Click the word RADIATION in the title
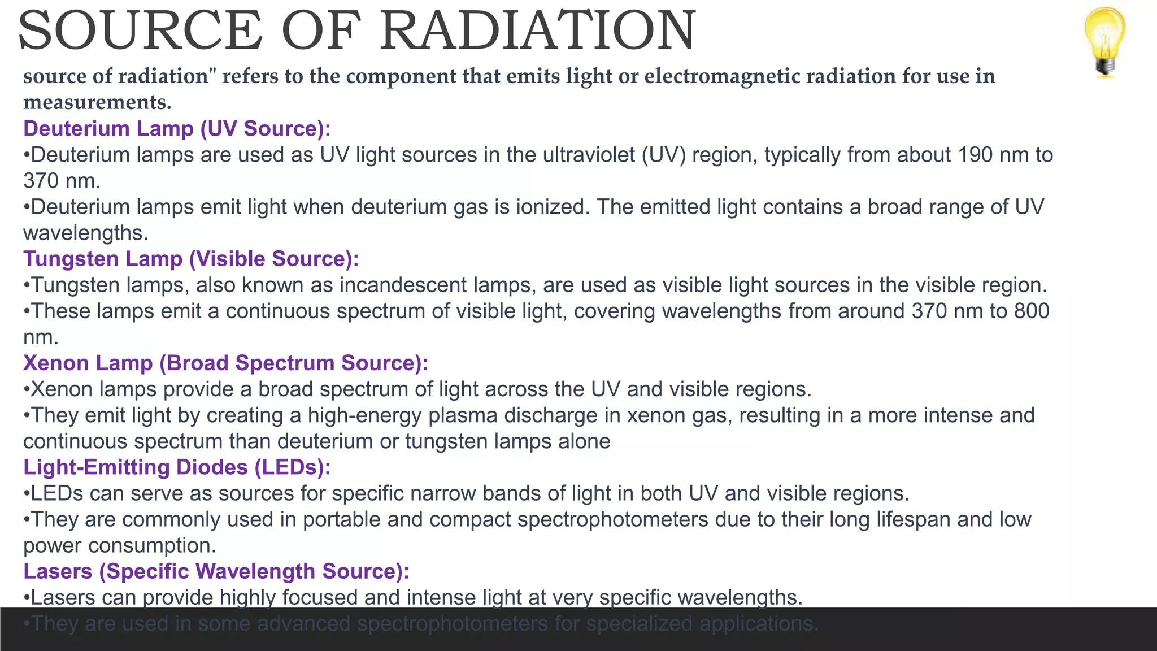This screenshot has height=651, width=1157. coord(537,31)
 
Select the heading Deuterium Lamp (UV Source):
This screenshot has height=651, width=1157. coord(177,129)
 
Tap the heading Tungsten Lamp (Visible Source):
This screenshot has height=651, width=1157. coord(191,259)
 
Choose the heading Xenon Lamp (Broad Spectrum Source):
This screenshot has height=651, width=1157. coord(225,363)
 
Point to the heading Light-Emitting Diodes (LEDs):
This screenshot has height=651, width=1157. coord(177,467)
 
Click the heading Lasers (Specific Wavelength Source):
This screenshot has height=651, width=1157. coord(216,571)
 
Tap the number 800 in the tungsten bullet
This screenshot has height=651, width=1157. coord(1032,311)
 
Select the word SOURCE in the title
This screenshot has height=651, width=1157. coord(140,31)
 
